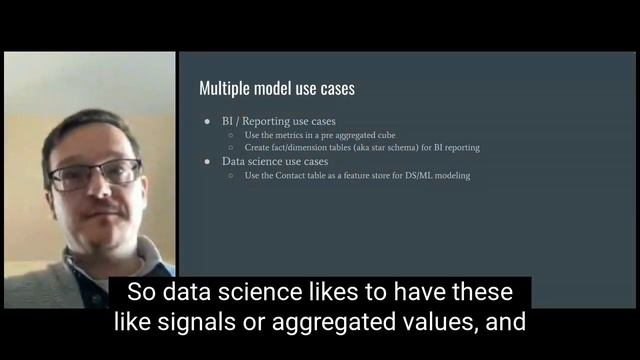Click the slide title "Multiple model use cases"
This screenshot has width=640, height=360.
coord(277,89)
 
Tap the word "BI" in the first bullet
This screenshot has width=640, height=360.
coord(228,121)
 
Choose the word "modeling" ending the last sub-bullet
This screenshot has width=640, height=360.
coord(452,175)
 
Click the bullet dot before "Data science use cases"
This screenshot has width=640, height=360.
coord(209,161)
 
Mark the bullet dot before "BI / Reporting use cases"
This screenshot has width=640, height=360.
coord(209,121)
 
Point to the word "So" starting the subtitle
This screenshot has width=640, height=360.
coord(140,294)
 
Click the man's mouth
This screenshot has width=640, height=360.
coord(103,214)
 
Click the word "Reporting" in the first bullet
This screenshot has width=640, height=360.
coord(265,121)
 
